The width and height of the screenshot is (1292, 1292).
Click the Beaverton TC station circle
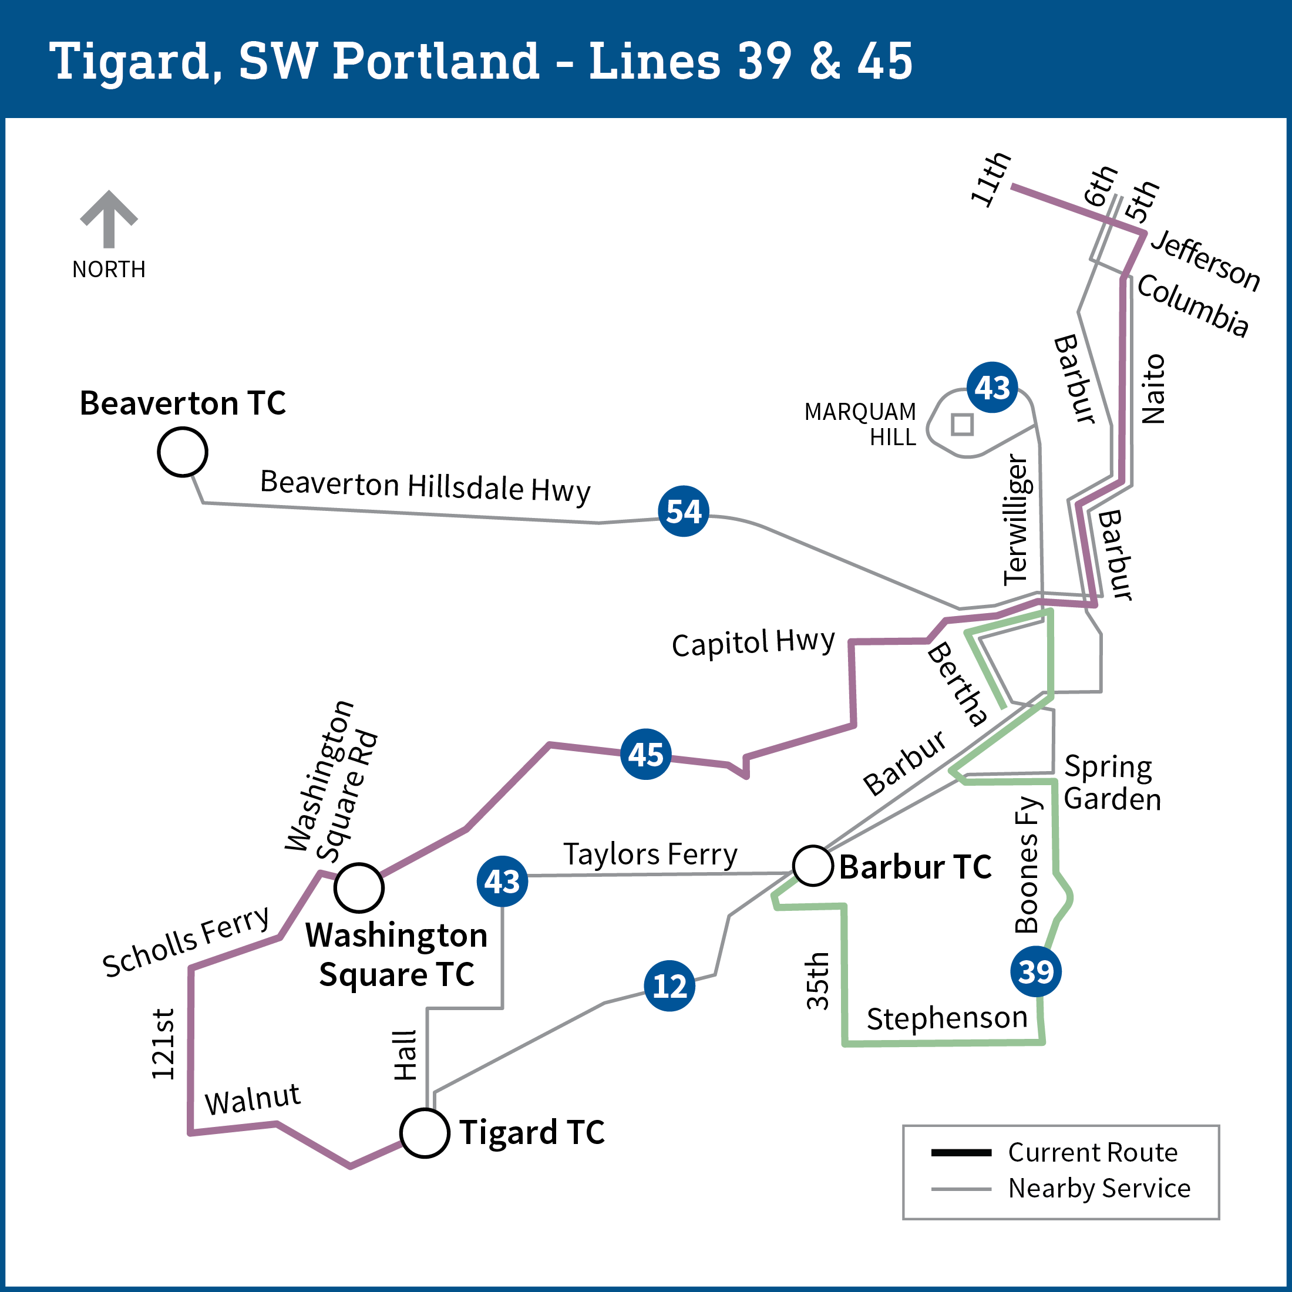[183, 452]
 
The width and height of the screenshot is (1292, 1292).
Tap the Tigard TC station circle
[425, 1133]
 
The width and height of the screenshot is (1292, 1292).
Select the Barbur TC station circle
[813, 866]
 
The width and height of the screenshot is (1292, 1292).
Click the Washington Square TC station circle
[359, 888]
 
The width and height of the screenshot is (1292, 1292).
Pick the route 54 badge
[684, 511]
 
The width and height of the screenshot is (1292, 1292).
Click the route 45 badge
[646, 753]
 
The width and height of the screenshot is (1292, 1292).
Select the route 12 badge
[669, 985]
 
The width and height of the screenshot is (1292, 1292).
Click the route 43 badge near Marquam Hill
[992, 387]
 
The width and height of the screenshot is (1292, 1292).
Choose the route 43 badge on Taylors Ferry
[502, 881]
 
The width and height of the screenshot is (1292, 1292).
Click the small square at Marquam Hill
[963, 424]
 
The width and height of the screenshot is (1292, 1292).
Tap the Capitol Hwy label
[753, 642]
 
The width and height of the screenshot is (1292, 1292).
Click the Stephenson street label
[947, 1018]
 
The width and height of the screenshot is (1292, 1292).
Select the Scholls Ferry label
[186, 941]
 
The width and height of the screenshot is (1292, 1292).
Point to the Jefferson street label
[1205, 260]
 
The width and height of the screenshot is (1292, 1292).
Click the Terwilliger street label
[1017, 520]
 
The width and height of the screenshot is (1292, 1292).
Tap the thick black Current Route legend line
[961, 1152]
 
